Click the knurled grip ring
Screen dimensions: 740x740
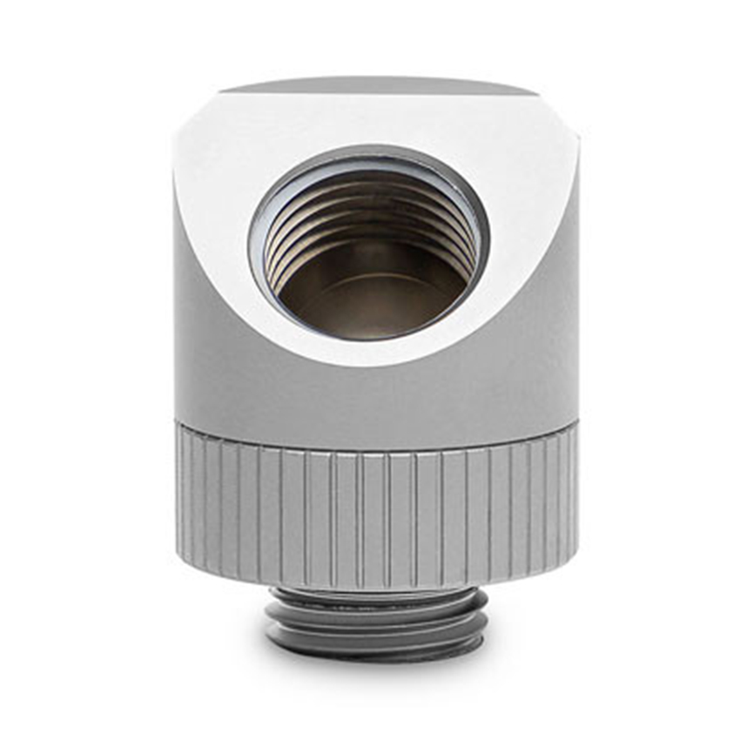374,505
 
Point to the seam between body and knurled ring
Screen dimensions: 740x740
374,424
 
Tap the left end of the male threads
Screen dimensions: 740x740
269,618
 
